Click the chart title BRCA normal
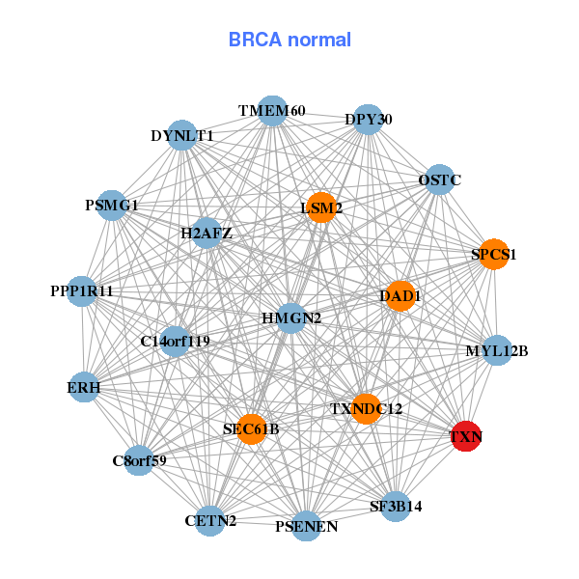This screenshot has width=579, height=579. pyautogui.click(x=289, y=40)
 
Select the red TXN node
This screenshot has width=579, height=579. pyautogui.click(x=466, y=436)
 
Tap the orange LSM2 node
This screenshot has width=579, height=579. pyautogui.click(x=321, y=207)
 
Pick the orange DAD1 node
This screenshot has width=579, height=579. pyautogui.click(x=400, y=295)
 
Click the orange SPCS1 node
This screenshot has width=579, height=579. pyautogui.click(x=494, y=255)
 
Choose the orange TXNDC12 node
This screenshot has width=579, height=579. pyautogui.click(x=366, y=409)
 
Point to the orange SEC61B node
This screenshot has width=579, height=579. pyautogui.click(x=251, y=428)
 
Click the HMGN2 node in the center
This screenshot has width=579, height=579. pyautogui.click(x=291, y=317)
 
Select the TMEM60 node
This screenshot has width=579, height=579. pyautogui.click(x=272, y=111)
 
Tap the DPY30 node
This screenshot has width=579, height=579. pyautogui.click(x=368, y=120)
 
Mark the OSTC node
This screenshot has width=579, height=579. pyautogui.click(x=439, y=180)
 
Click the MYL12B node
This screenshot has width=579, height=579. pyautogui.click(x=496, y=351)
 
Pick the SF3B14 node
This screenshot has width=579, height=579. pyautogui.click(x=396, y=506)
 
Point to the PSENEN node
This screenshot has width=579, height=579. pyautogui.click(x=306, y=526)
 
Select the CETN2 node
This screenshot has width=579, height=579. pyautogui.click(x=210, y=521)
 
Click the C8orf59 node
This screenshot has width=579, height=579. pyautogui.click(x=139, y=460)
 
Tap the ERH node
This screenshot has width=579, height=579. pyautogui.click(x=84, y=388)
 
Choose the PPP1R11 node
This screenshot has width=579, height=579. pyautogui.click(x=82, y=290)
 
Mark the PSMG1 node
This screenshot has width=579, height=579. pyautogui.click(x=112, y=206)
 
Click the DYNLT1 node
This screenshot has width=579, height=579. pyautogui.click(x=182, y=136)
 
